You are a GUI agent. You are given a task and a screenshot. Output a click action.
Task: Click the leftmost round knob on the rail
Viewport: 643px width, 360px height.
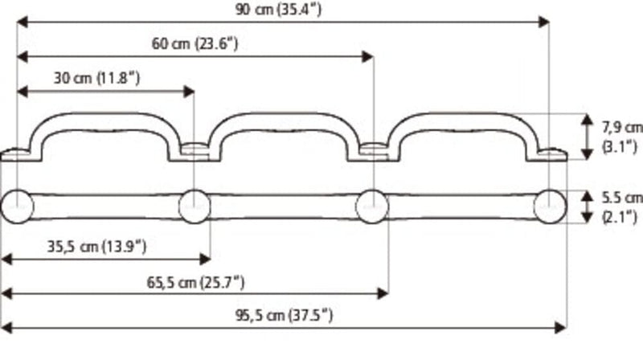17,207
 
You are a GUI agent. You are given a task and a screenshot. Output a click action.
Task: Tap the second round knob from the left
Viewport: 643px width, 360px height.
195,207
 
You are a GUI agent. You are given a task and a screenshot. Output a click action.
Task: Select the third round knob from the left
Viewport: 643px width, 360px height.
372,207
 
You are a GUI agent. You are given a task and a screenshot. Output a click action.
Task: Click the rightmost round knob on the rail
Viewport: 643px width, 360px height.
551,207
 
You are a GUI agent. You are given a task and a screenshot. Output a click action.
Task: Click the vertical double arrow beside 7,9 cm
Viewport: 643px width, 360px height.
588,136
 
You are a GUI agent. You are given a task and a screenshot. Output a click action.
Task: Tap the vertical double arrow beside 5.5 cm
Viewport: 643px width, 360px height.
588,207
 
